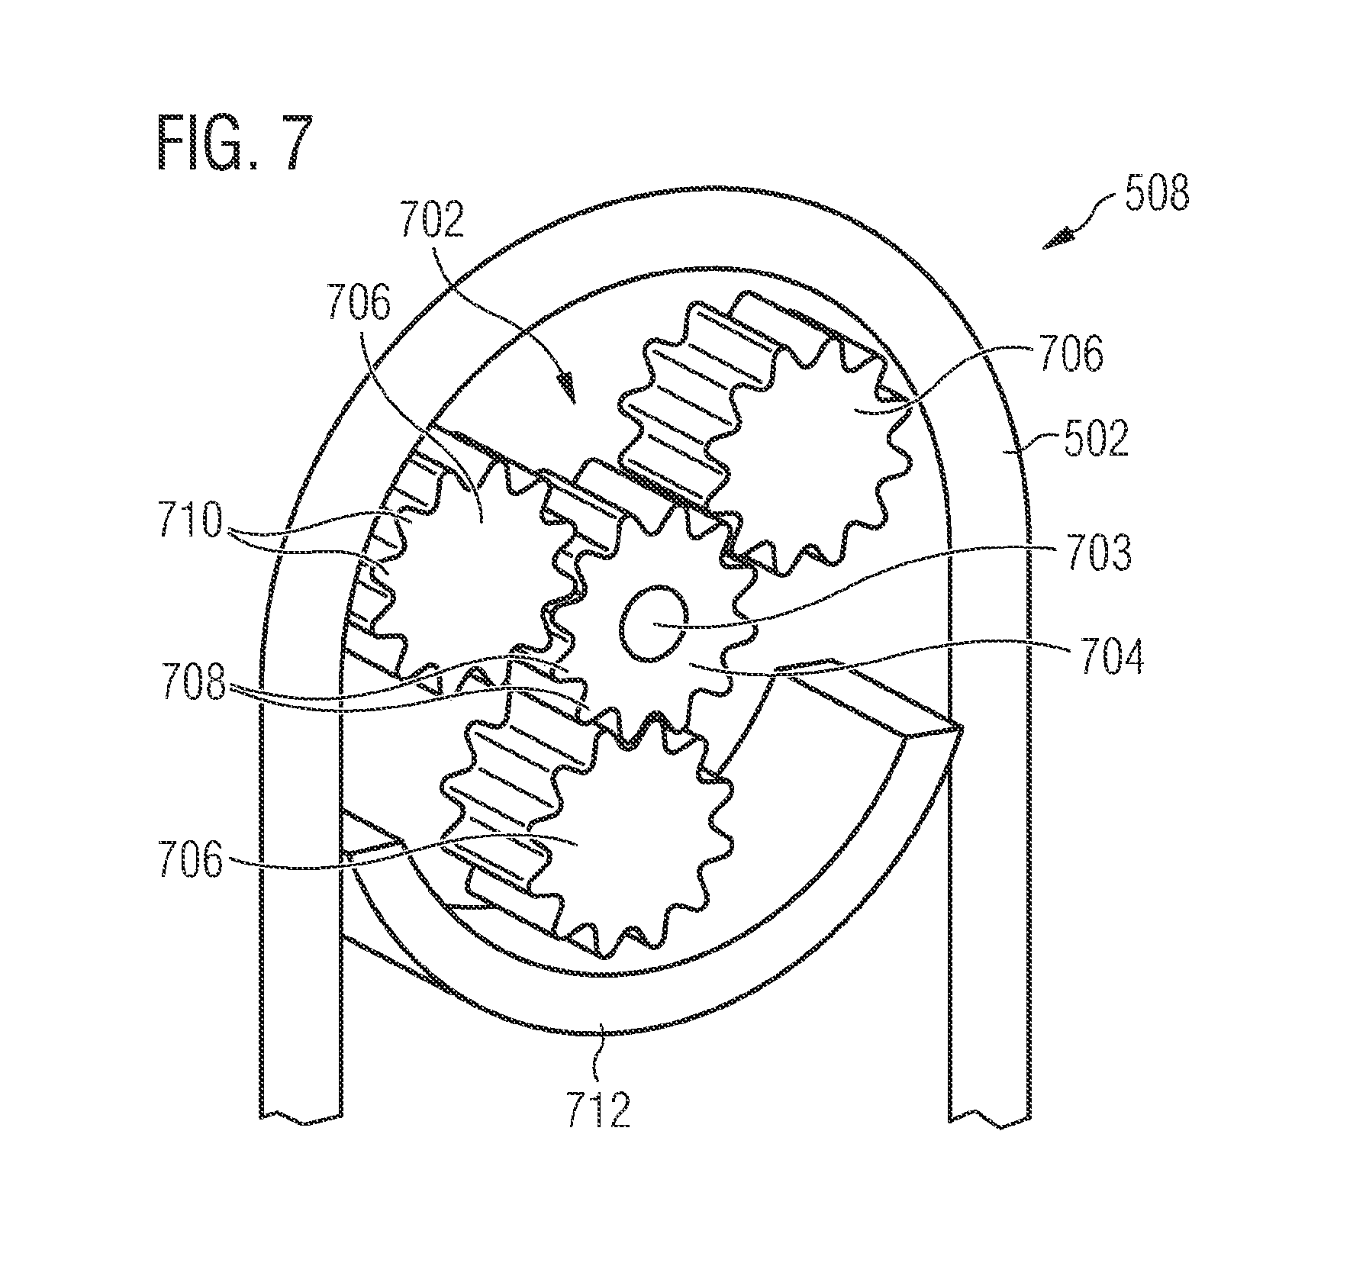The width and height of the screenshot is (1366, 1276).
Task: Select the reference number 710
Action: [x=191, y=521]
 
